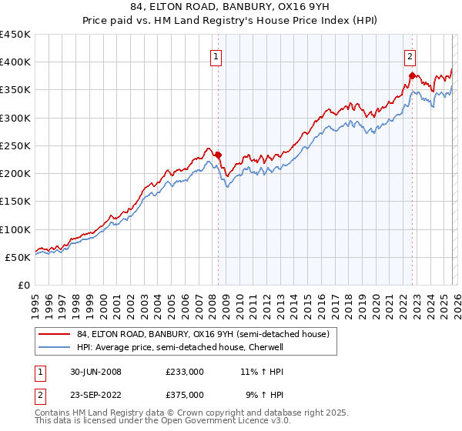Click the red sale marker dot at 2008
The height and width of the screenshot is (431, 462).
218,155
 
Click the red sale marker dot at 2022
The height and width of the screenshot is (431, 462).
412,75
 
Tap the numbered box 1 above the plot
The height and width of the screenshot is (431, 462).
216,55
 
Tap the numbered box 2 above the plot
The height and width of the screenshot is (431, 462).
410,55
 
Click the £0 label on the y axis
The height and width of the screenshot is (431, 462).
24,285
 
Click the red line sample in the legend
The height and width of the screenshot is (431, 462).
55,334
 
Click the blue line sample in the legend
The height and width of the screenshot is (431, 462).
55,347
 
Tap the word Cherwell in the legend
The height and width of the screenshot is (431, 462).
266,347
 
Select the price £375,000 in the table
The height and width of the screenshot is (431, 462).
185,394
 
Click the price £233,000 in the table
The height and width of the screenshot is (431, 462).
185,372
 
